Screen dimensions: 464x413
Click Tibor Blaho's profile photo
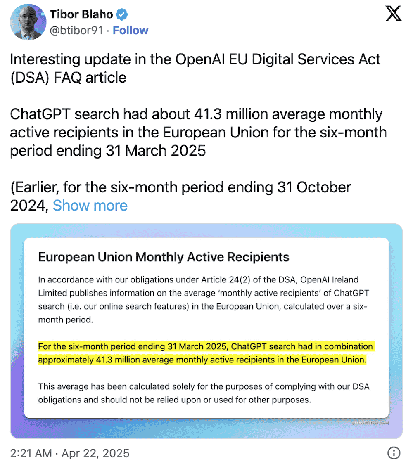[28, 22]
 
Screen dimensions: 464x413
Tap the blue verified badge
[121, 14]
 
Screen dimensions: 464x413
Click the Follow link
[131, 31]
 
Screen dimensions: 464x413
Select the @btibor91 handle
[76, 31]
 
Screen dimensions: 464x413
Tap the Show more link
[90, 205]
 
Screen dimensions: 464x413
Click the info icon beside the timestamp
[394, 453]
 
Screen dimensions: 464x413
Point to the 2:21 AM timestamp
[31, 453]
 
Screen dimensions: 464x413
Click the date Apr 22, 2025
[95, 453]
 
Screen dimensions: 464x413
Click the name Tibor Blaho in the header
[81, 14]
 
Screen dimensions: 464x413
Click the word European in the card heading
[64, 257]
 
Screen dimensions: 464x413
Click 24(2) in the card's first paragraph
[244, 280]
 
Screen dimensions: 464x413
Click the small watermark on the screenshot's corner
[370, 423]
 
